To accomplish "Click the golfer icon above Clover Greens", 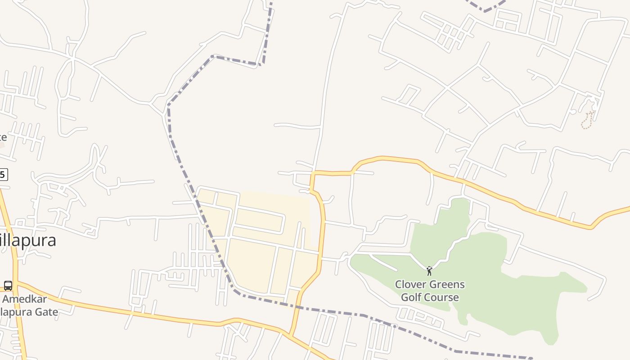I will pos(429,271).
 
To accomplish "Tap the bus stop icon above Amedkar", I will pos(8,285).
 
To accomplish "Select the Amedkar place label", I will pos(24,299).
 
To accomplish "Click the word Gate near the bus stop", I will pos(47,312).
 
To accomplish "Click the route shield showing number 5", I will pos(4,175).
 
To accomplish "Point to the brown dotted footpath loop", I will pos(587,121).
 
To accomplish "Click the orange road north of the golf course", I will pos(495,193).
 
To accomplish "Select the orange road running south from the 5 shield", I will pos(11,234).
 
